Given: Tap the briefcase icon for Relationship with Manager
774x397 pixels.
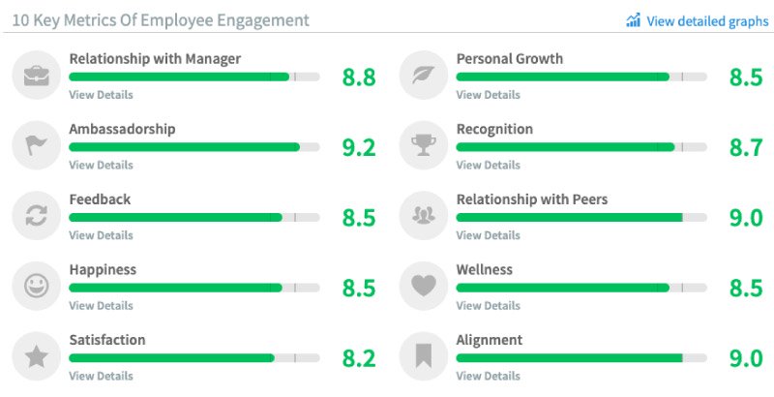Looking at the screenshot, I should [x=37, y=76].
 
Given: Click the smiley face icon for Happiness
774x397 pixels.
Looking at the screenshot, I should [x=37, y=287].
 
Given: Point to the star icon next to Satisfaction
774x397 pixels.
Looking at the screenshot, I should [x=37, y=357].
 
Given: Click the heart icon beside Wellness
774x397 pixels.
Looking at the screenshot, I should [x=424, y=287].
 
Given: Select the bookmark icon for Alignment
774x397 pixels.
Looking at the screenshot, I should [x=424, y=357].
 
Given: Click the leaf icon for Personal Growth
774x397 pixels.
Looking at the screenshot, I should [x=424, y=76].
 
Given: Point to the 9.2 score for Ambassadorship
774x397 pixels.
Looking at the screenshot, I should [x=359, y=147].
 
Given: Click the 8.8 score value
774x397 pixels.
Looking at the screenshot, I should [x=359, y=76].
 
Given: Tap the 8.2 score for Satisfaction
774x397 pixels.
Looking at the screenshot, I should [x=359, y=358].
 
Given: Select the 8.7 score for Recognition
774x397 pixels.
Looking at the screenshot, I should [x=746, y=147].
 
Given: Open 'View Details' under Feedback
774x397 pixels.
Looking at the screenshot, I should [x=101, y=235].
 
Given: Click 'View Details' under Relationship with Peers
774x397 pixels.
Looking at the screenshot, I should [x=488, y=235].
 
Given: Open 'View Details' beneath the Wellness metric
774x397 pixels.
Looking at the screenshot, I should [x=488, y=306].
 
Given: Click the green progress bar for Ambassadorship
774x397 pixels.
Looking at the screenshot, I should [x=184, y=147].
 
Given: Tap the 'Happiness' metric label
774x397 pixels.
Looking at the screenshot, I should [x=103, y=270].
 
